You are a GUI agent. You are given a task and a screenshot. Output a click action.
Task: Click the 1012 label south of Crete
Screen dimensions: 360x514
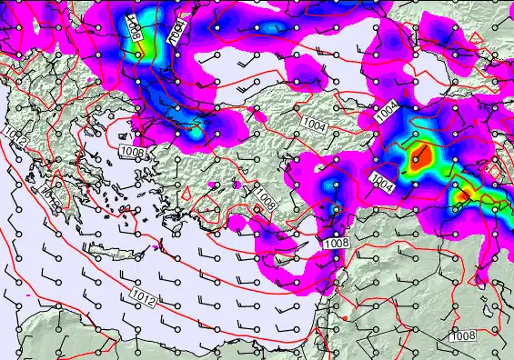click(142, 297)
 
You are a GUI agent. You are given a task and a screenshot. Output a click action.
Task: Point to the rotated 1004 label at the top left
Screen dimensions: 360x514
click(176, 30)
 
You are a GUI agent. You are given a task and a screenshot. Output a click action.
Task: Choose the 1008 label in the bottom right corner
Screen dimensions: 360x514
click(462, 335)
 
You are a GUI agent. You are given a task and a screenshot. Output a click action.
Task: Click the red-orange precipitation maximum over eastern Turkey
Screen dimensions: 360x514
click(418, 160)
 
